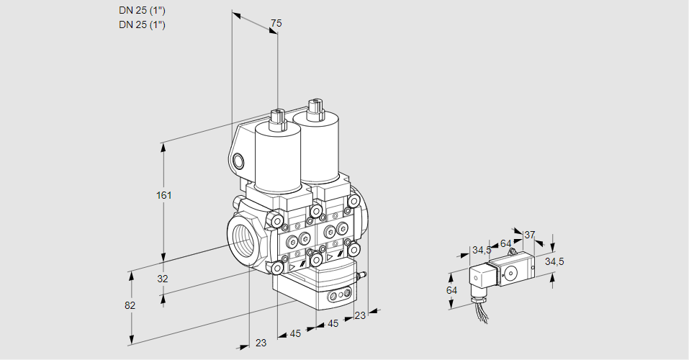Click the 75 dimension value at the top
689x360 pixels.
(276, 23)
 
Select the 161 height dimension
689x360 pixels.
(164, 195)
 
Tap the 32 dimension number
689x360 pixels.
(163, 279)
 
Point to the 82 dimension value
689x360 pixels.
(130, 305)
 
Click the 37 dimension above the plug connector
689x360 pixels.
(529, 235)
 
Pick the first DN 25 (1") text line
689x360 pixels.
(142, 11)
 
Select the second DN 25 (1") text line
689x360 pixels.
(142, 24)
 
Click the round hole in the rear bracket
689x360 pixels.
(238, 161)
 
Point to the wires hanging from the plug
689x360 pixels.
(482, 315)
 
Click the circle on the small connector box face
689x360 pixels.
(510, 274)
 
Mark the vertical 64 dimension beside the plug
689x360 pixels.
(451, 290)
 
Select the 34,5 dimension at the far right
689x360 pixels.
(554, 261)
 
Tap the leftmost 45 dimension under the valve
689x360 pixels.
(295, 333)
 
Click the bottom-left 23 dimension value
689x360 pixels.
(261, 343)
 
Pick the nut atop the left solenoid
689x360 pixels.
(278, 120)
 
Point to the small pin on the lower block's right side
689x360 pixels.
(363, 276)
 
